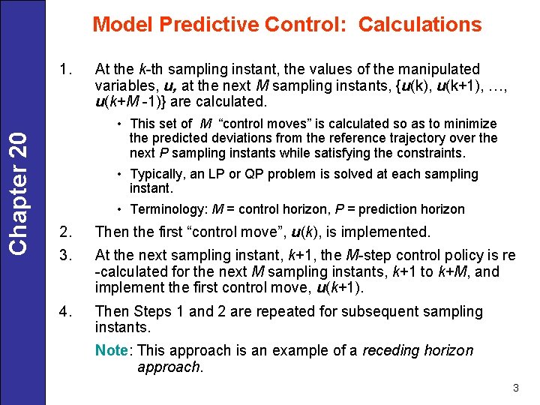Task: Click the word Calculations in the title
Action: (420, 25)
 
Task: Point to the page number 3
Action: (516, 388)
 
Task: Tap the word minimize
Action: (471, 124)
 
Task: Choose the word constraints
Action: (428, 153)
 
